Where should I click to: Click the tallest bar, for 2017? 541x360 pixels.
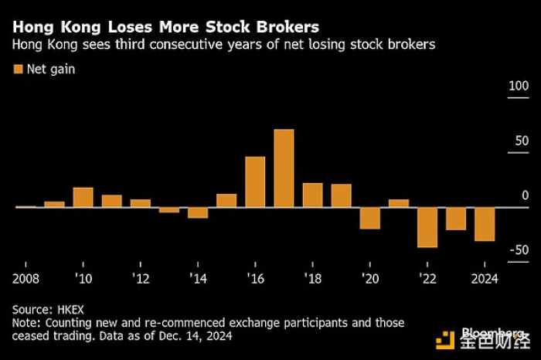coord(284,168)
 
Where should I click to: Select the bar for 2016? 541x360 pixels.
coord(255,182)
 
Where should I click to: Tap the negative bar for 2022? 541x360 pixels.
coord(427,227)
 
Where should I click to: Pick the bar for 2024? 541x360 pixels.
coord(485,224)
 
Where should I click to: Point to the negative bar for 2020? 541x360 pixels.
coord(370,218)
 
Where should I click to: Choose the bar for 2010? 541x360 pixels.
coord(83,197)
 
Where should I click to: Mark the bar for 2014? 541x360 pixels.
coord(198,212)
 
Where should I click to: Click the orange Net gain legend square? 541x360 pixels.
coord(18,70)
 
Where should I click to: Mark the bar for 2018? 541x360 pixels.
coord(312,195)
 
